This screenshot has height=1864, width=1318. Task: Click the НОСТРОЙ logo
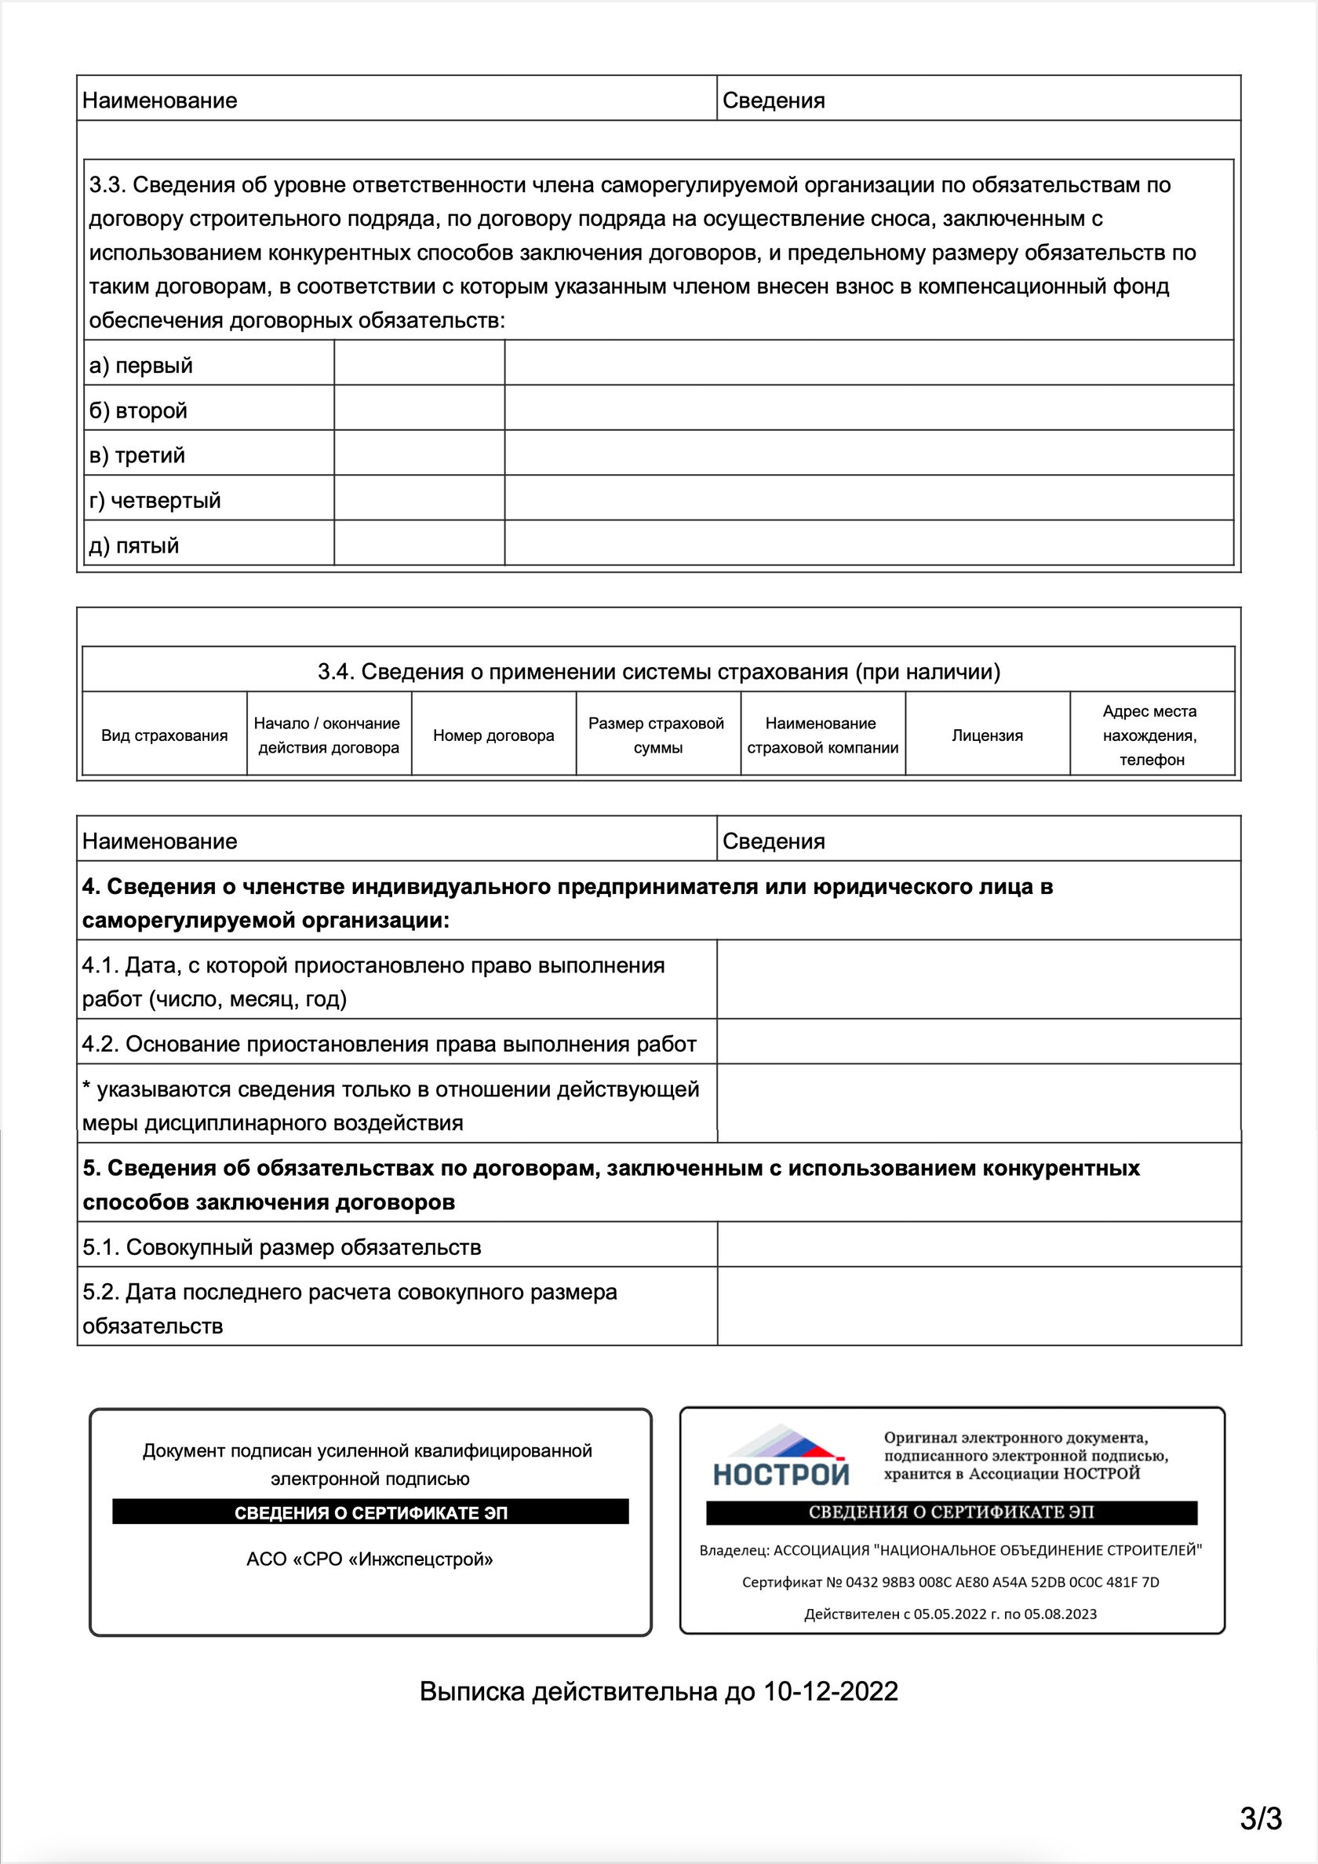780,1457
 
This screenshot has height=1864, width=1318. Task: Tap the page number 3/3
1261,1818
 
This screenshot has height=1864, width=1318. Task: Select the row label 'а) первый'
140,365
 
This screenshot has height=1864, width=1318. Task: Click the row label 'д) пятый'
134,545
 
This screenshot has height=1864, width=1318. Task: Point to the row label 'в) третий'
137,455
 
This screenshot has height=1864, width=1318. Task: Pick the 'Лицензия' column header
987,735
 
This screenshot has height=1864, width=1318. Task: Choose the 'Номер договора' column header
493,735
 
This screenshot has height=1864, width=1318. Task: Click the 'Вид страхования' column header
164,735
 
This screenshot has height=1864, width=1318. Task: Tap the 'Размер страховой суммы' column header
657,735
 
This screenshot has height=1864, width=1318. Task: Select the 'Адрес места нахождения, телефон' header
1151,735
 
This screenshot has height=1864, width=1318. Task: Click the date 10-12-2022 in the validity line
830,1691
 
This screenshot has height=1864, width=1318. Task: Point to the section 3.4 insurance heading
658,671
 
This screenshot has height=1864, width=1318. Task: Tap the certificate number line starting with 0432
950,1581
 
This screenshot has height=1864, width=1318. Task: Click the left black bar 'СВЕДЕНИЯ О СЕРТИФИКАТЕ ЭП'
370,1512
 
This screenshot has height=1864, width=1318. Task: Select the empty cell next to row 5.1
978,1247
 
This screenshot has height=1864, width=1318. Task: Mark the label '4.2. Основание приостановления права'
389,1044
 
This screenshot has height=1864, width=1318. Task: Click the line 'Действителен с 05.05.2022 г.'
949,1614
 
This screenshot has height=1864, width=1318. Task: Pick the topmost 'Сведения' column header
774,100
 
